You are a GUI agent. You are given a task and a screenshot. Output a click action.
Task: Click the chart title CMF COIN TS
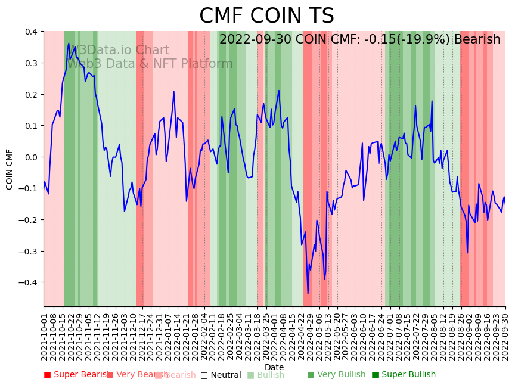coord(266,16)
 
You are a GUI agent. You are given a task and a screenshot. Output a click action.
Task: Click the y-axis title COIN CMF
coord(10,169)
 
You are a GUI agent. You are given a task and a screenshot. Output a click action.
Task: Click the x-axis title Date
coord(274,367)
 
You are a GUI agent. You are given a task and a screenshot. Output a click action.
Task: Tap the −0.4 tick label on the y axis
coord(27,282)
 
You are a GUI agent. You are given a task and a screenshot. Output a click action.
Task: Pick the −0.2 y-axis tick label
coord(27,220)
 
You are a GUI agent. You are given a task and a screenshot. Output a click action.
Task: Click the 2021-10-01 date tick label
coord(45,334)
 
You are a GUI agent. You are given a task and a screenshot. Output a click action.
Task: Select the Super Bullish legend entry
coord(404,375)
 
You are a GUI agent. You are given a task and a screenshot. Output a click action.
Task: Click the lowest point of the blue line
coord(308,293)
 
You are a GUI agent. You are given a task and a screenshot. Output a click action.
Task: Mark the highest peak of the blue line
coord(69,43)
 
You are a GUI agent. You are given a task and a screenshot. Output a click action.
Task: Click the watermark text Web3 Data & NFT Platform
coord(149,64)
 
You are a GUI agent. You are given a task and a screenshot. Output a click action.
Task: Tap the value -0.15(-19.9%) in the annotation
coord(400,40)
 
